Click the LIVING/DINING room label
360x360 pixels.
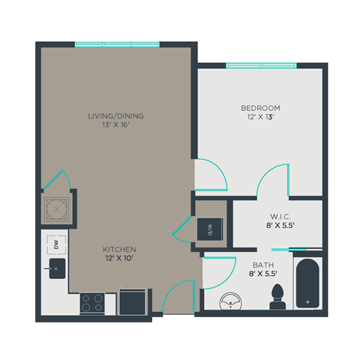[115, 116]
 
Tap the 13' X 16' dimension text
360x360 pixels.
[115, 126]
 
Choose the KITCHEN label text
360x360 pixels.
[120, 249]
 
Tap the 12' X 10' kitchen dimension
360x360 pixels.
[120, 259]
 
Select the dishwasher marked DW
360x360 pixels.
[55, 244]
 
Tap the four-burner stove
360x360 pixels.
[94, 303]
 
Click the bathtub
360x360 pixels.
[308, 285]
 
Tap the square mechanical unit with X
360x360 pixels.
[56, 208]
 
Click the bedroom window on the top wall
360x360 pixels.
[262, 66]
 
